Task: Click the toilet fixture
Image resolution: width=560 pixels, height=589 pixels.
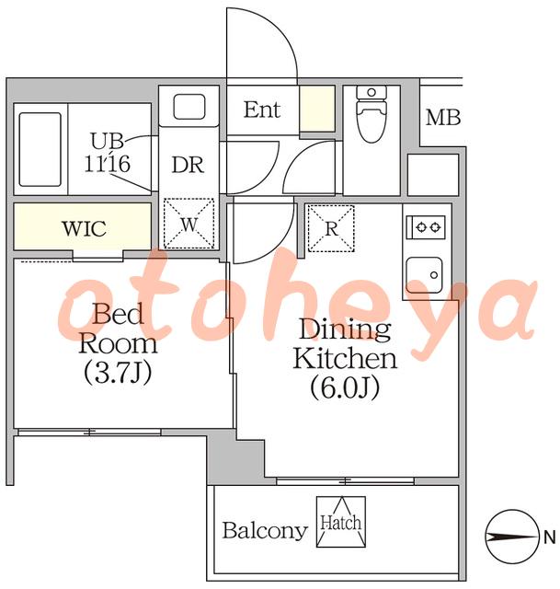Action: pyautogui.click(x=371, y=113)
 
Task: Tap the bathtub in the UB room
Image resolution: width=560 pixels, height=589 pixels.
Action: pyautogui.click(x=40, y=149)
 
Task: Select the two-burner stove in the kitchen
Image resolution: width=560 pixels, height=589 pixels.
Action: pyautogui.click(x=426, y=227)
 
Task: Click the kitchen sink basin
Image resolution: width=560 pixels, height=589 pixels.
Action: pyautogui.click(x=424, y=275)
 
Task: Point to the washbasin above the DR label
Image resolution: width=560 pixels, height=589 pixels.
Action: pyautogui.click(x=189, y=107)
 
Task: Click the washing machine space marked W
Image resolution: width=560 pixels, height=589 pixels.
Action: pyautogui.click(x=189, y=223)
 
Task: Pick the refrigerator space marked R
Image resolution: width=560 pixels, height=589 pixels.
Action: pyautogui.click(x=331, y=228)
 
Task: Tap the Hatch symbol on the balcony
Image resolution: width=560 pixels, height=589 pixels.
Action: pyautogui.click(x=341, y=522)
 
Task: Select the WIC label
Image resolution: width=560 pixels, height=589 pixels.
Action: pyautogui.click(x=84, y=228)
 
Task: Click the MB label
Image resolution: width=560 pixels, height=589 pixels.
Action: pyautogui.click(x=443, y=118)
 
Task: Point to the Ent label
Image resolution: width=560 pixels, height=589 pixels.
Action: pyautogui.click(x=262, y=110)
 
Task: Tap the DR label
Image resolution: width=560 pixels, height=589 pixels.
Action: pyautogui.click(x=188, y=165)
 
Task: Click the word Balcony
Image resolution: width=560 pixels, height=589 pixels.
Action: pyautogui.click(x=265, y=531)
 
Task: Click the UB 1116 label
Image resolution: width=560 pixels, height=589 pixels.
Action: pyautogui.click(x=107, y=153)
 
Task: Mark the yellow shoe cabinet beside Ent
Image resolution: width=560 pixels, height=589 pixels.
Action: pyautogui.click(x=317, y=109)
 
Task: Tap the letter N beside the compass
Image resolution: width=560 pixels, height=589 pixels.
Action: pyautogui.click(x=550, y=537)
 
